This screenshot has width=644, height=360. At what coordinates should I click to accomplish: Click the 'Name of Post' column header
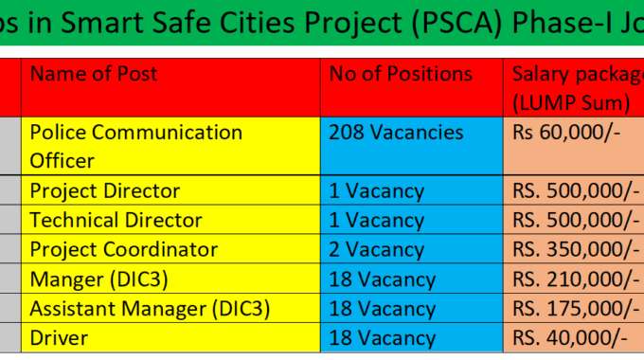click(x=94, y=74)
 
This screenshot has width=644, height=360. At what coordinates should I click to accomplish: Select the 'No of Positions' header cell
click(x=401, y=74)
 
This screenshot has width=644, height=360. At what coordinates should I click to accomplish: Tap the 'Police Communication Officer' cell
click(x=135, y=146)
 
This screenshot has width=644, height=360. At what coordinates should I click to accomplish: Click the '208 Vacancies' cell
click(x=396, y=133)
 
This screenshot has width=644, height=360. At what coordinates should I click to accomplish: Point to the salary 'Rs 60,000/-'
click(x=566, y=133)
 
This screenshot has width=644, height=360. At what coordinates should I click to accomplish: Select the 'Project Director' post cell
click(x=104, y=190)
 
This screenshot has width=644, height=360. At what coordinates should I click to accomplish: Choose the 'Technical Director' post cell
click(x=116, y=220)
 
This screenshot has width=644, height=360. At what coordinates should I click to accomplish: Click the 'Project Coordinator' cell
click(x=123, y=249)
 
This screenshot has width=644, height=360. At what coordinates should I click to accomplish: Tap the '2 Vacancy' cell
click(x=376, y=249)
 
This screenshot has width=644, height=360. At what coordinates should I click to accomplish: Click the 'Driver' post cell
click(x=59, y=337)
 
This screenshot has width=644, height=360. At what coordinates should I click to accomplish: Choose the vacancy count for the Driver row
click(x=382, y=337)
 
